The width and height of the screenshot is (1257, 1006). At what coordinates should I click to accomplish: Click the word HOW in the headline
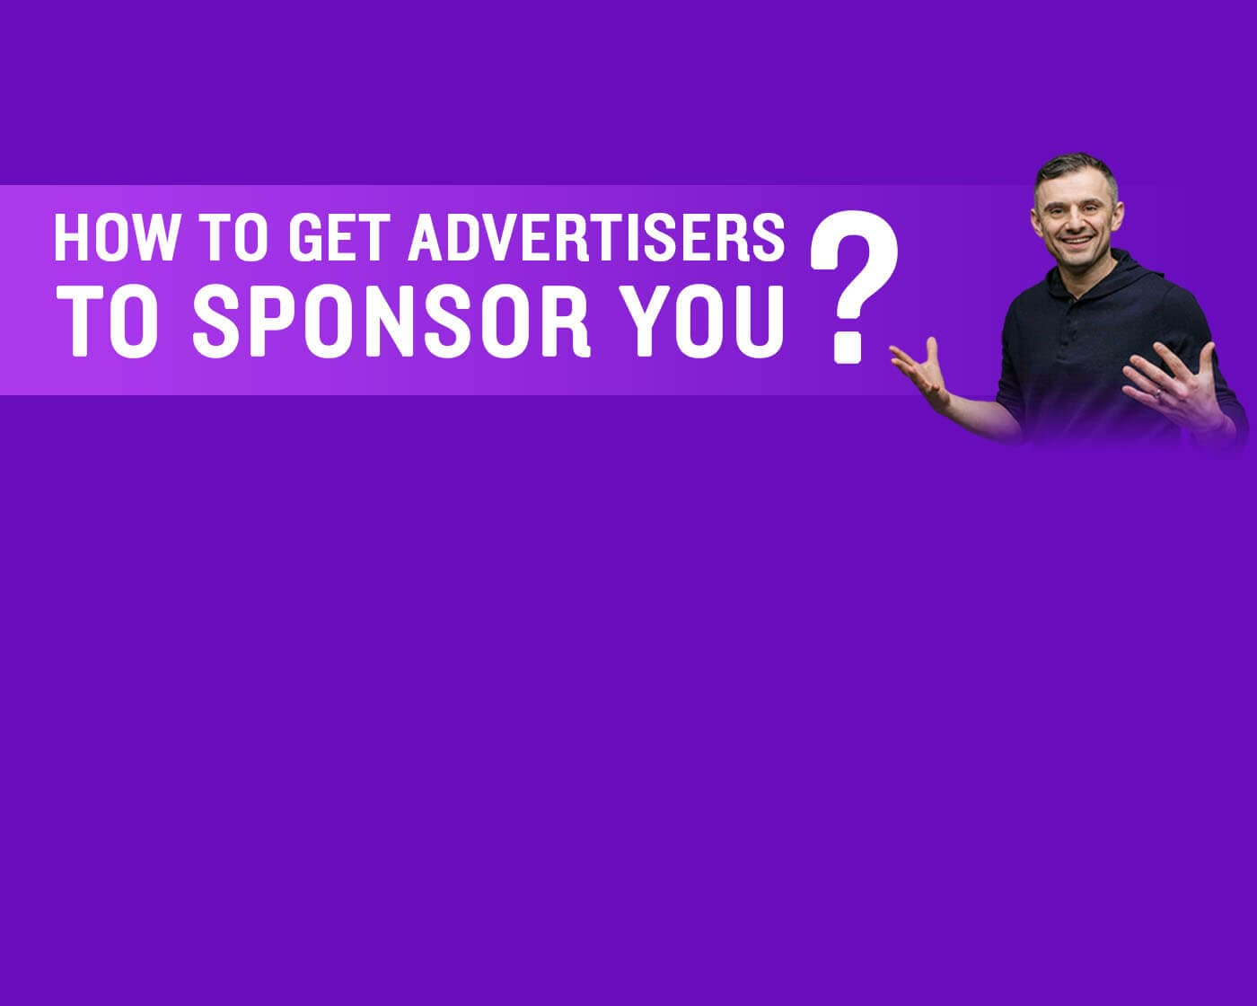[116, 237]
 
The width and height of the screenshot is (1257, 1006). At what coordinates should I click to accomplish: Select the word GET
[338, 237]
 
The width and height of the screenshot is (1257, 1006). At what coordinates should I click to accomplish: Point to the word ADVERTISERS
[596, 237]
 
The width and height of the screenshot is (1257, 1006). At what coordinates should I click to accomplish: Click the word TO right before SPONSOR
[108, 321]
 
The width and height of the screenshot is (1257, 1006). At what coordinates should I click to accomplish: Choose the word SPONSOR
[391, 321]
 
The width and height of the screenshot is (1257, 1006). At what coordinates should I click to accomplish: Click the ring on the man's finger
[1157, 394]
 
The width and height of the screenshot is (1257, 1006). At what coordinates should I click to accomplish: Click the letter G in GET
[304, 237]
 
